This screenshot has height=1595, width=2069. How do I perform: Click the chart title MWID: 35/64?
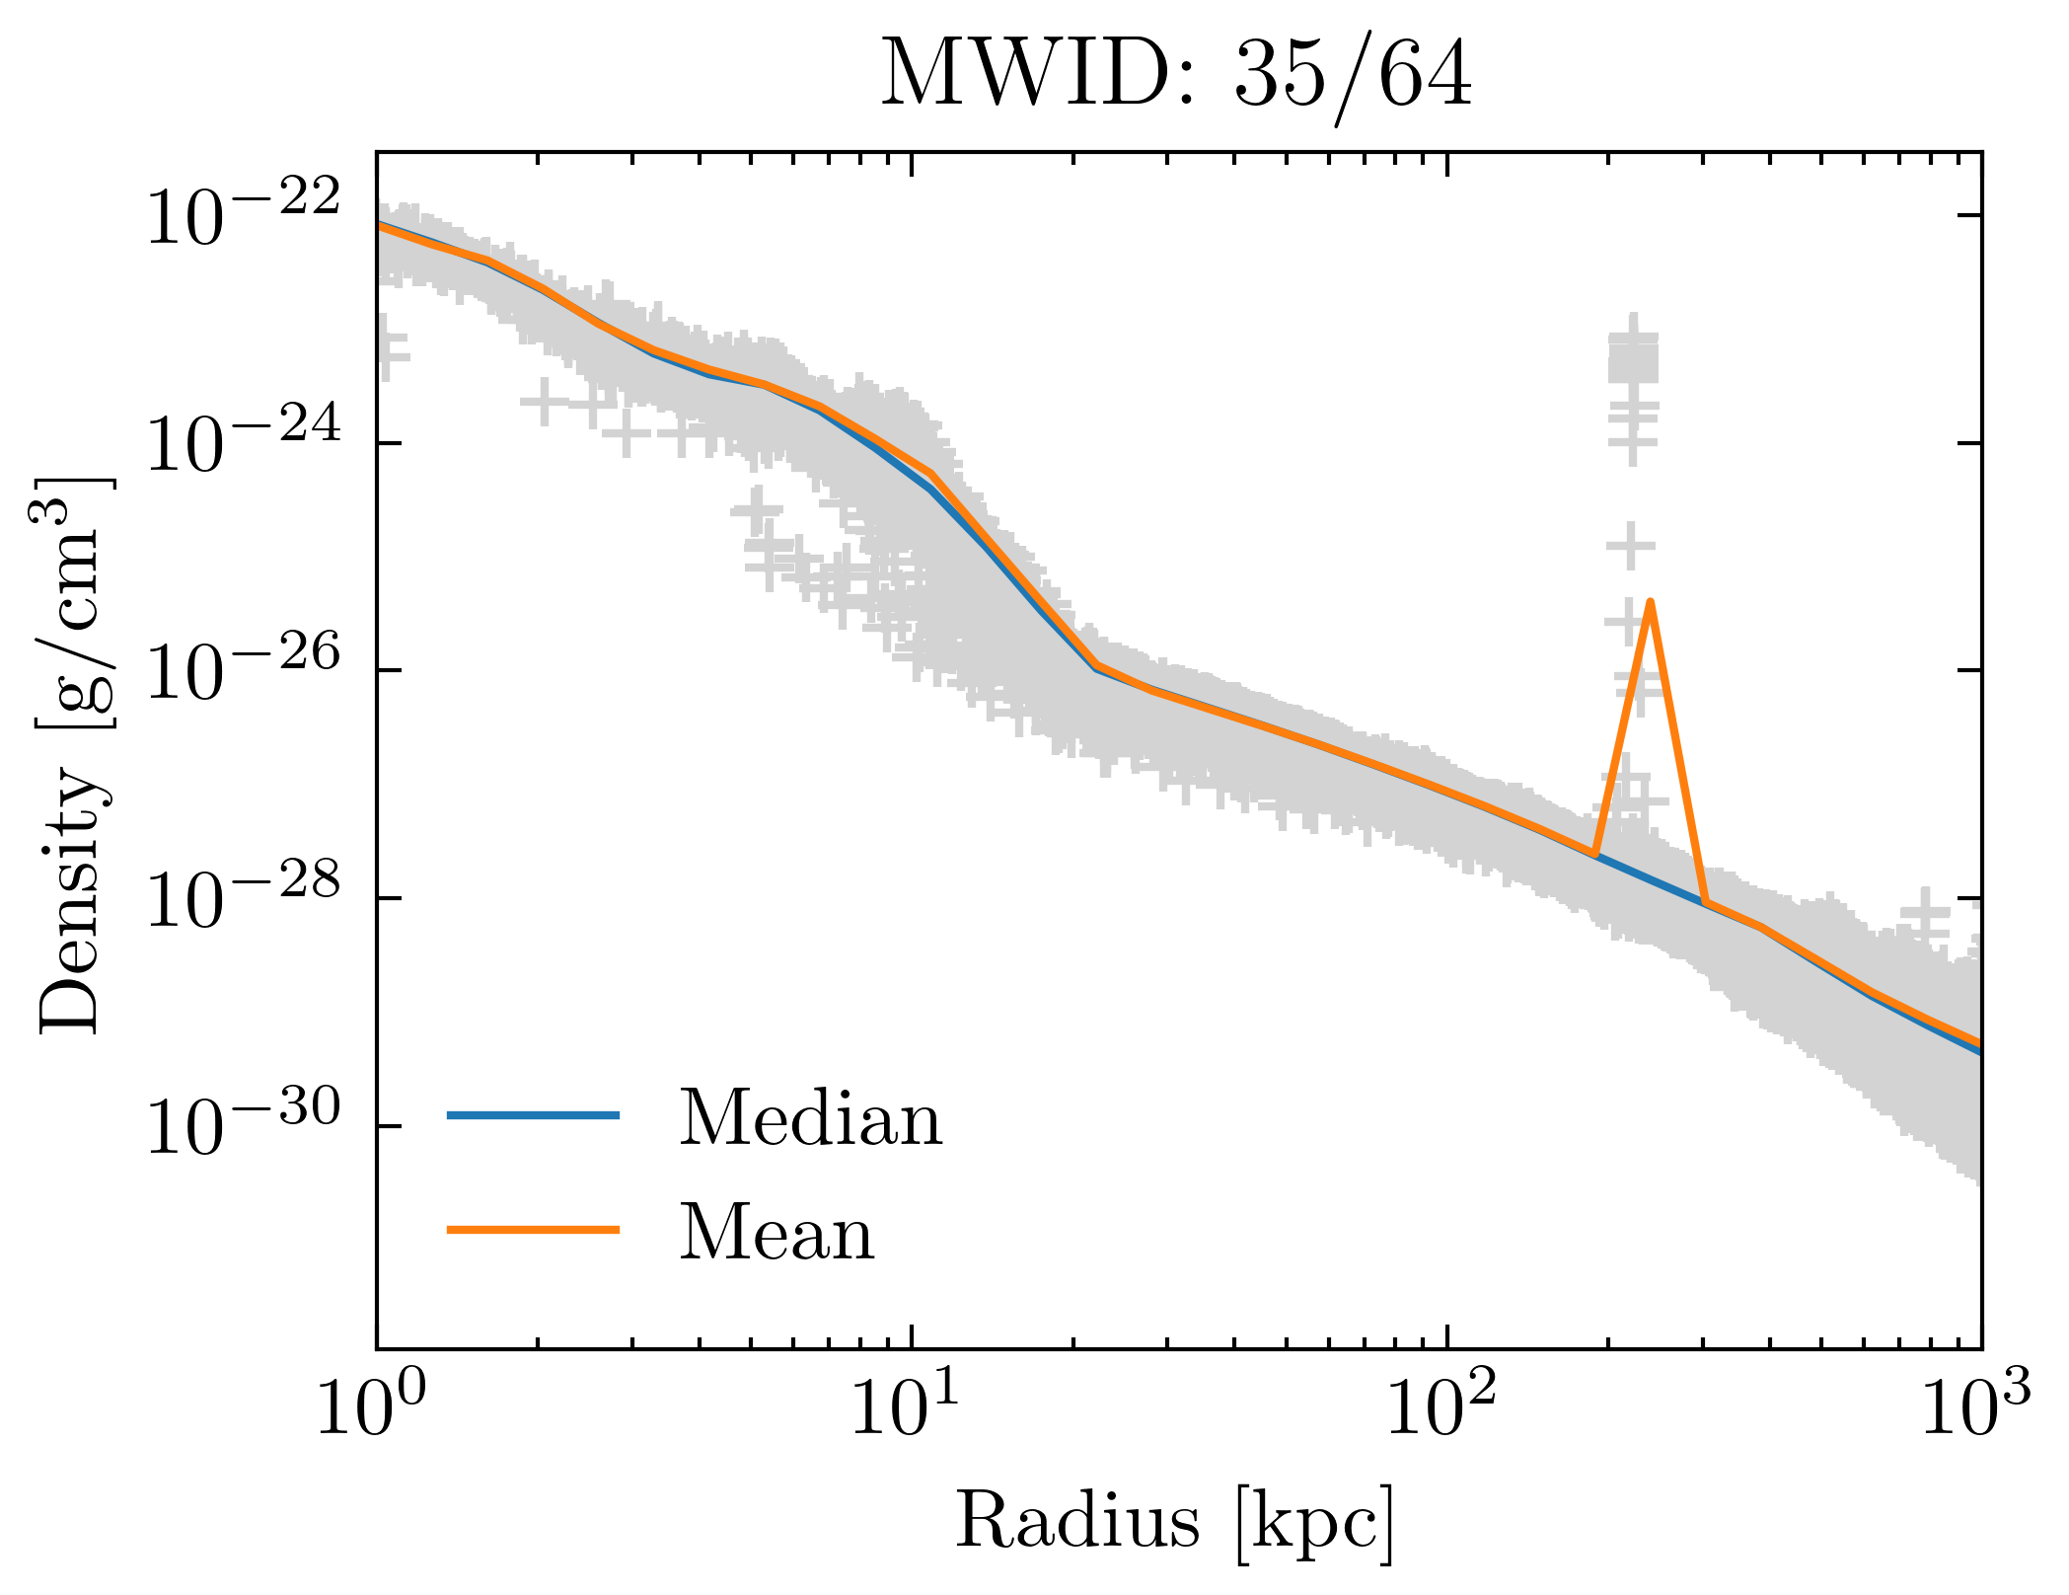tap(1176, 75)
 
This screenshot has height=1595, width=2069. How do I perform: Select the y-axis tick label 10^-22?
tap(242, 216)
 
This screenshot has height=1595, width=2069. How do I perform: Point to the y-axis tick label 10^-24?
tap(242, 444)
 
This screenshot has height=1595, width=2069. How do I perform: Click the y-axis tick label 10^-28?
tap(242, 899)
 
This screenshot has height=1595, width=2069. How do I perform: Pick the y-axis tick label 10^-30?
tap(242, 1127)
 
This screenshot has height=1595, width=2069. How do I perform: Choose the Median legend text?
tap(810, 1119)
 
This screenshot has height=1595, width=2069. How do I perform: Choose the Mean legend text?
tap(776, 1234)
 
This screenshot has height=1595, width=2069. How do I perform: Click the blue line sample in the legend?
tap(534, 1115)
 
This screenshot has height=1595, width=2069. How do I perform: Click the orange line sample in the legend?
tap(534, 1230)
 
